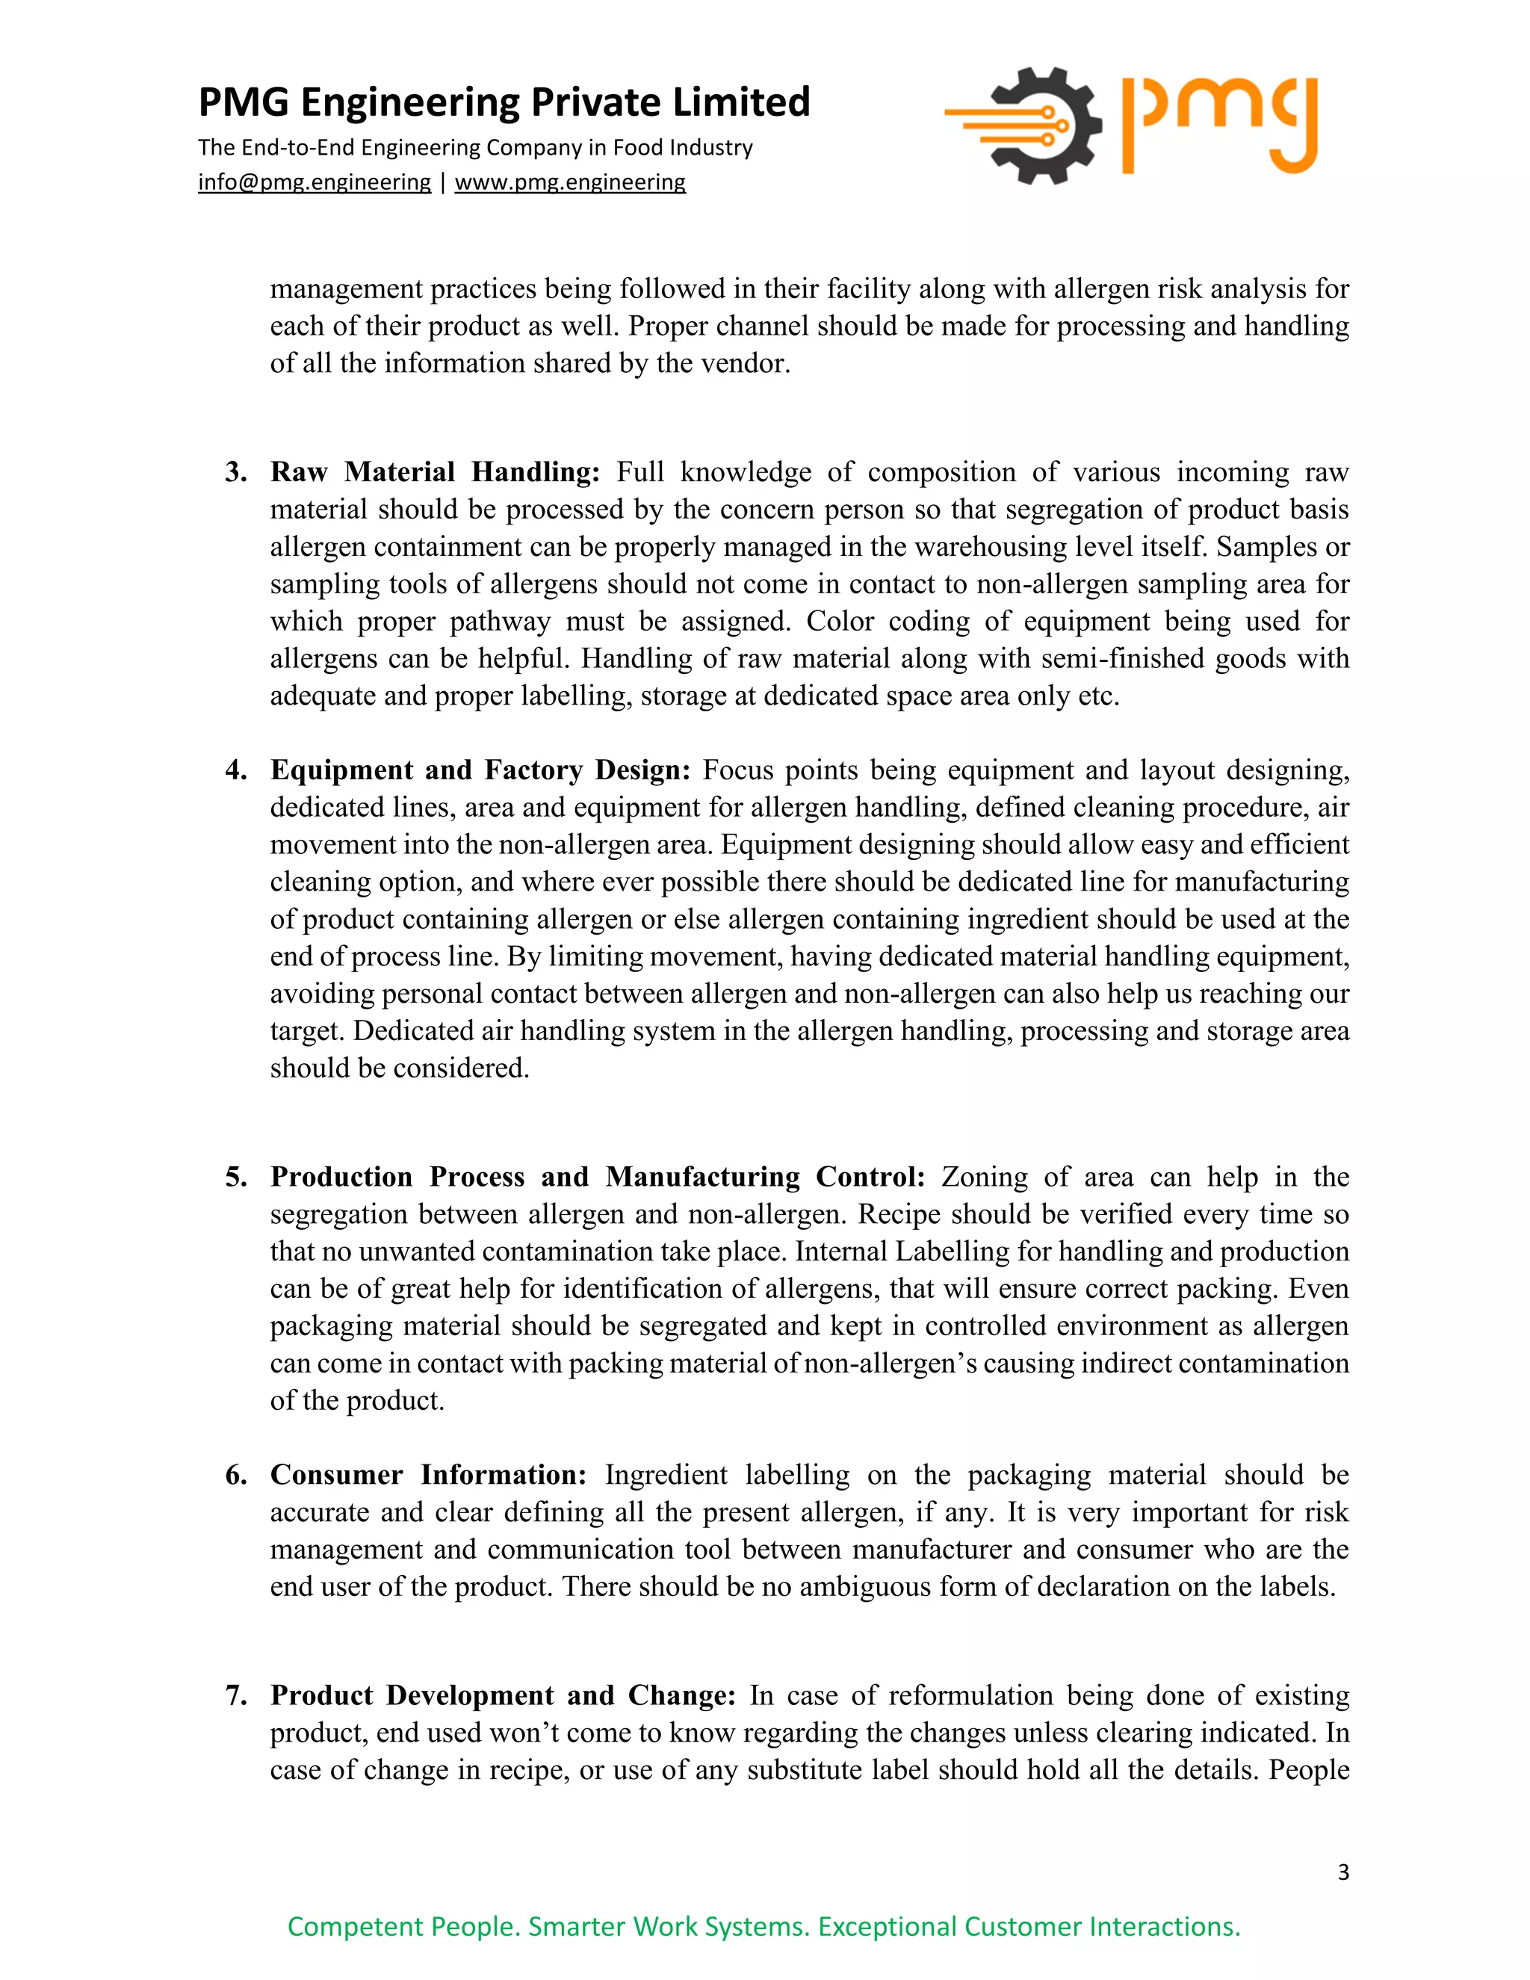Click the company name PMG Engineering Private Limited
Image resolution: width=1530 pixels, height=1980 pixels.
[504, 102]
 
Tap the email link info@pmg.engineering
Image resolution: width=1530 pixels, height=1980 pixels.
[315, 182]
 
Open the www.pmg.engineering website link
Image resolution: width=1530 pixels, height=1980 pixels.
[570, 182]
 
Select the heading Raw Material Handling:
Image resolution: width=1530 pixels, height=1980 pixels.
[435, 472]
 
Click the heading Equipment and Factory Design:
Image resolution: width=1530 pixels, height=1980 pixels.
[480, 770]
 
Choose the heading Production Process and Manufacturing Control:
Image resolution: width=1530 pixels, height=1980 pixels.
[598, 1177]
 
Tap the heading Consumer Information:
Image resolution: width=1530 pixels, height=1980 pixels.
[429, 1475]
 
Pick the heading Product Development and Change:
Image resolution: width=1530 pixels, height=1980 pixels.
[503, 1695]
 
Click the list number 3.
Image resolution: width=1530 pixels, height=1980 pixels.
[235, 472]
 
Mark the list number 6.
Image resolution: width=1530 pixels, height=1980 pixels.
[235, 1475]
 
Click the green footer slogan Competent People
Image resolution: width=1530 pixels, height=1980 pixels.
[764, 1926]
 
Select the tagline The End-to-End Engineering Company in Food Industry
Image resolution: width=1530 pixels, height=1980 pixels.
[475, 148]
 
